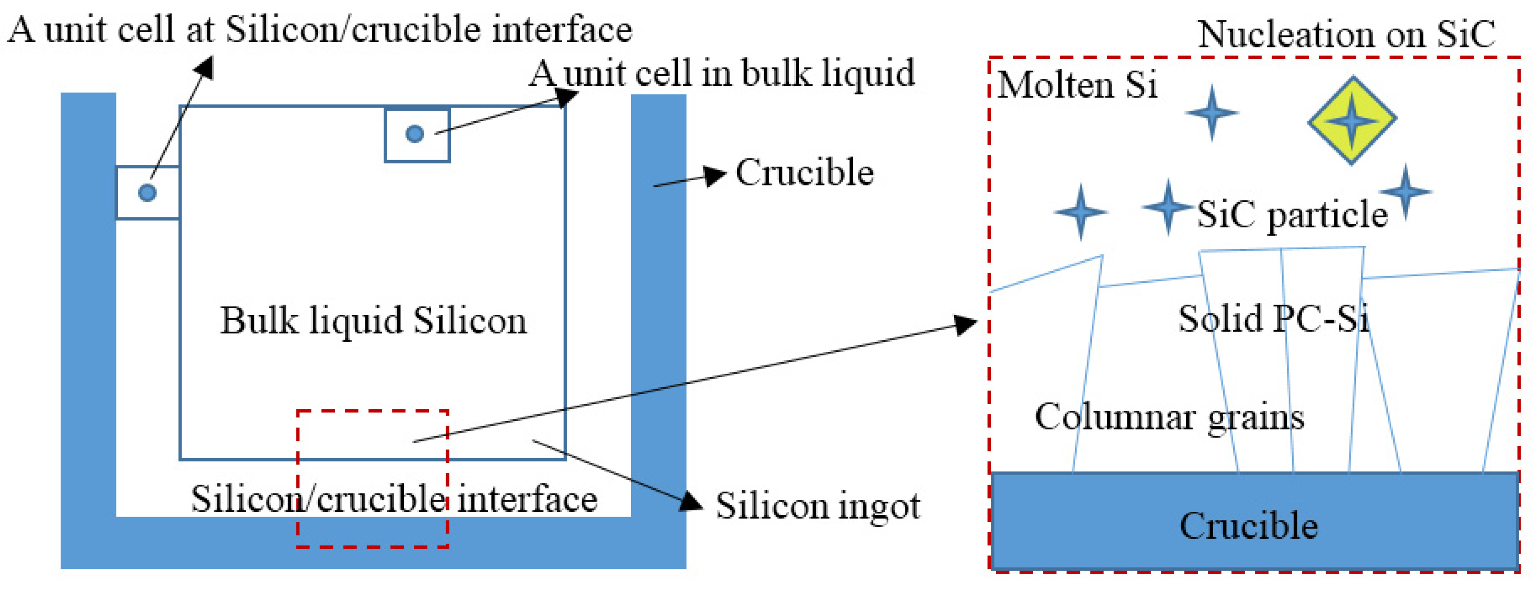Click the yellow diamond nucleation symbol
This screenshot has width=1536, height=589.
1352,120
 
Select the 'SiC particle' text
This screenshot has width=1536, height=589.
1292,214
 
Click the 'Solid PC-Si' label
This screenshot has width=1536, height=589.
1273,318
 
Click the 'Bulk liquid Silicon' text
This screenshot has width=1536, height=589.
373,321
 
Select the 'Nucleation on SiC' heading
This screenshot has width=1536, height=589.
1346,34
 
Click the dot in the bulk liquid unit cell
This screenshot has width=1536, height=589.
414,134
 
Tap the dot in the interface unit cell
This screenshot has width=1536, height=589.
147,193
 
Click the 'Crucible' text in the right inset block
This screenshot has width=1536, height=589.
1249,526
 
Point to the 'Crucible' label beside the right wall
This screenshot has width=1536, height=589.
804,173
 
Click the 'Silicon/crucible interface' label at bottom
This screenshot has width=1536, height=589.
393,499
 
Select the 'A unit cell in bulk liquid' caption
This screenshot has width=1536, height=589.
722,73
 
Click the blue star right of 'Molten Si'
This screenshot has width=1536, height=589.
1211,113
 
